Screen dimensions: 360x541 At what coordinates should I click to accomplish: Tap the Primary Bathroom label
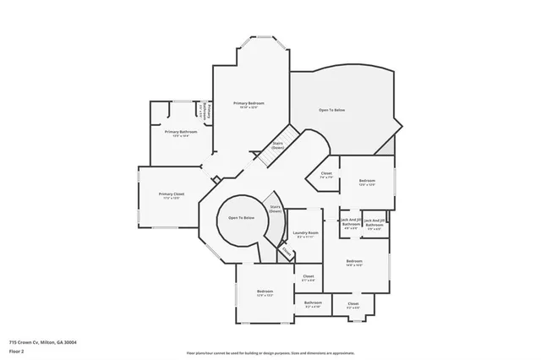[181, 134]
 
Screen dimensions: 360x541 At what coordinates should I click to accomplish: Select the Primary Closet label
[171, 195]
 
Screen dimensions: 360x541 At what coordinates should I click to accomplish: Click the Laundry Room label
[306, 234]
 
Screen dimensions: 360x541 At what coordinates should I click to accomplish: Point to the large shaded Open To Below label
[331, 111]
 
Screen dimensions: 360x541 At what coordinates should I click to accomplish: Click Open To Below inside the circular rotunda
[241, 218]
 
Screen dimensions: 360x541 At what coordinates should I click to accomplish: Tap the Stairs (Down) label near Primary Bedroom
[277, 145]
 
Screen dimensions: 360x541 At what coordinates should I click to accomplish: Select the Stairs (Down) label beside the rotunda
[276, 208]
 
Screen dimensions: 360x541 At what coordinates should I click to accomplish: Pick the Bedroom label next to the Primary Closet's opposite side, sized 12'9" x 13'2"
[265, 293]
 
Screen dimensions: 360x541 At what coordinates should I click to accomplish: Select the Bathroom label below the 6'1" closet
[313, 303]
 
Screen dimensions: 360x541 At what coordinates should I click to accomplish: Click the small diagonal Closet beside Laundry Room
[287, 252]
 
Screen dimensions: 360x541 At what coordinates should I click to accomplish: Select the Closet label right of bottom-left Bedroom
[309, 278]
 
